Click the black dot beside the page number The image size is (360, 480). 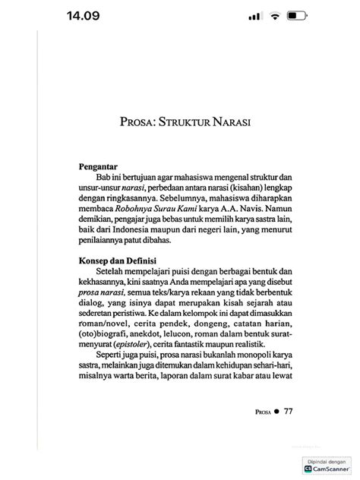point(276,411)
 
